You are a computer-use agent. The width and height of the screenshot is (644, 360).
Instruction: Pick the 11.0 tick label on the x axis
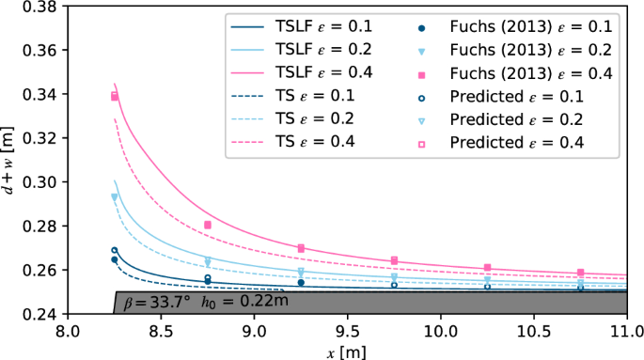coord(626,332)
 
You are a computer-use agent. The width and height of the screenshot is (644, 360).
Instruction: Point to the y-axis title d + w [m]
coord(9,161)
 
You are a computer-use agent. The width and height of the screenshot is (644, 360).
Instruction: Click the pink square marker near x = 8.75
coord(207,226)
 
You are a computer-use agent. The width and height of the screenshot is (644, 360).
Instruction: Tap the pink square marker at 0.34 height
coord(115,96)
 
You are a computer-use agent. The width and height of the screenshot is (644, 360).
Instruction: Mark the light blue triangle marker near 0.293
coord(115,197)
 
